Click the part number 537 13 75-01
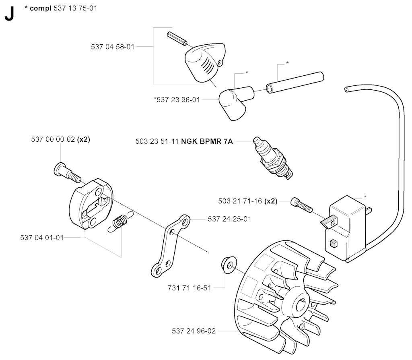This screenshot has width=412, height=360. pyautogui.click(x=75, y=8)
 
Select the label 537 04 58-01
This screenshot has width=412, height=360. pyautogui.click(x=113, y=47)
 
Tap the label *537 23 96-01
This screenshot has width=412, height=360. pyautogui.click(x=177, y=99)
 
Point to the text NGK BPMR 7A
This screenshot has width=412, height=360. pyautogui.click(x=207, y=141)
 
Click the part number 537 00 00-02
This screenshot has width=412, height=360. pyautogui.click(x=53, y=139)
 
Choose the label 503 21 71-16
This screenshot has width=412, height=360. pyautogui.click(x=240, y=201)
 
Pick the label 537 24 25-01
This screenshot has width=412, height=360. pyautogui.click(x=230, y=219)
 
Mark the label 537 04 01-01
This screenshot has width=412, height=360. pyautogui.click(x=42, y=238)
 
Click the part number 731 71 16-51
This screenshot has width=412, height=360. pyautogui.click(x=190, y=288)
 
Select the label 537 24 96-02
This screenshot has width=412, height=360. pyautogui.click(x=194, y=331)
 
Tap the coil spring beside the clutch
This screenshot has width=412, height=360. pyautogui.click(x=121, y=222)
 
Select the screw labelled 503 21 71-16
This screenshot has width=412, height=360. pyautogui.click(x=302, y=205)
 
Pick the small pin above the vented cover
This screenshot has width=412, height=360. pyautogui.click(x=177, y=39)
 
